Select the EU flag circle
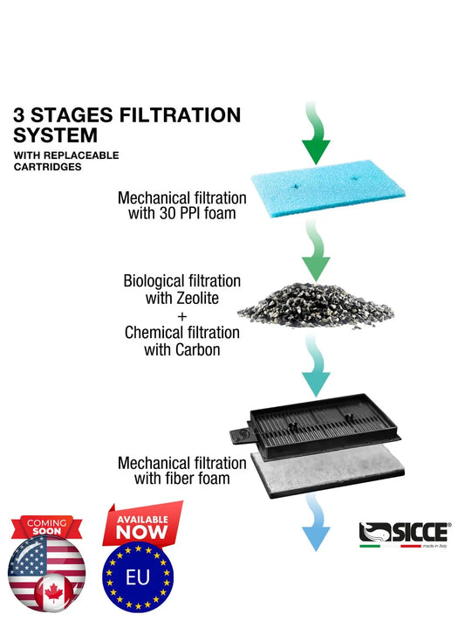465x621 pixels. pyautogui.click(x=138, y=577)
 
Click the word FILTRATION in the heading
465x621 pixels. pyautogui.click(x=182, y=114)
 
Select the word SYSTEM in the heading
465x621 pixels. pyautogui.click(x=56, y=135)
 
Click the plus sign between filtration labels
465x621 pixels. pyautogui.click(x=182, y=315)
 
